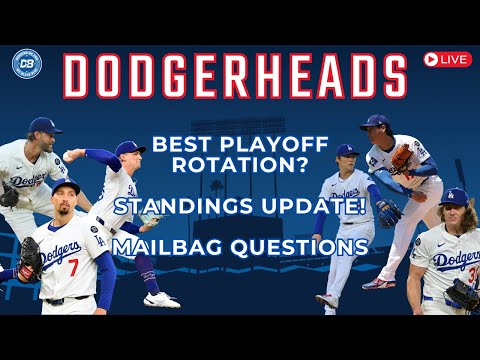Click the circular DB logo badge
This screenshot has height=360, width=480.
coord(27,64)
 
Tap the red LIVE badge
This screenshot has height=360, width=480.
coord(447,59)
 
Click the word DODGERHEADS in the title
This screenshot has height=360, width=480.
coord(235,77)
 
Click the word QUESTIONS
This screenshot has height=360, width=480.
coord(297,245)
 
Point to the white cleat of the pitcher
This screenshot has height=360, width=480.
coord(161,299)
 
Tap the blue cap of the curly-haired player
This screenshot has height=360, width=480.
coord(454,196)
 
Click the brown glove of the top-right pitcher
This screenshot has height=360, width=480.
coord(402,157)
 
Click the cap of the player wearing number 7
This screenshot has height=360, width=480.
coord(67,187)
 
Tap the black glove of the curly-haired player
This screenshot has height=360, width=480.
coord(462,293)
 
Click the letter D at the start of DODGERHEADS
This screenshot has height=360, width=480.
coord(81,77)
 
